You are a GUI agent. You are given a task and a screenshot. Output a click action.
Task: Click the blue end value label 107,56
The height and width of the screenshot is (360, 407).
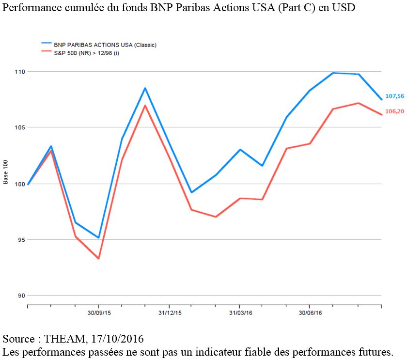click(394, 96)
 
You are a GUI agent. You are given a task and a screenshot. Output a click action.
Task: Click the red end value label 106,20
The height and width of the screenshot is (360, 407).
click(394, 111)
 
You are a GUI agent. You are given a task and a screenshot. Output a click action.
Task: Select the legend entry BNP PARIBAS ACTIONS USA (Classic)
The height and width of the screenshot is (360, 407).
click(105, 45)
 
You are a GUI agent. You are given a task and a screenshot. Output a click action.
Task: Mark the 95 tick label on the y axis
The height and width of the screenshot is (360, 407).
click(20, 240)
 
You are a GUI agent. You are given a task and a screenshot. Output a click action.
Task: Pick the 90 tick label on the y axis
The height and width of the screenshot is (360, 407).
click(20, 296)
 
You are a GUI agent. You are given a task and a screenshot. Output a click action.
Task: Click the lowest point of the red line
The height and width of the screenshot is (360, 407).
click(98, 258)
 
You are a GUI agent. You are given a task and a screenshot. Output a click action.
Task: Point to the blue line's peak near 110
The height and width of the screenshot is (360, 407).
click(333, 73)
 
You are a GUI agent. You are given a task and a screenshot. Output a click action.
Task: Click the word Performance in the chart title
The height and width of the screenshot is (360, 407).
click(28, 8)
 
